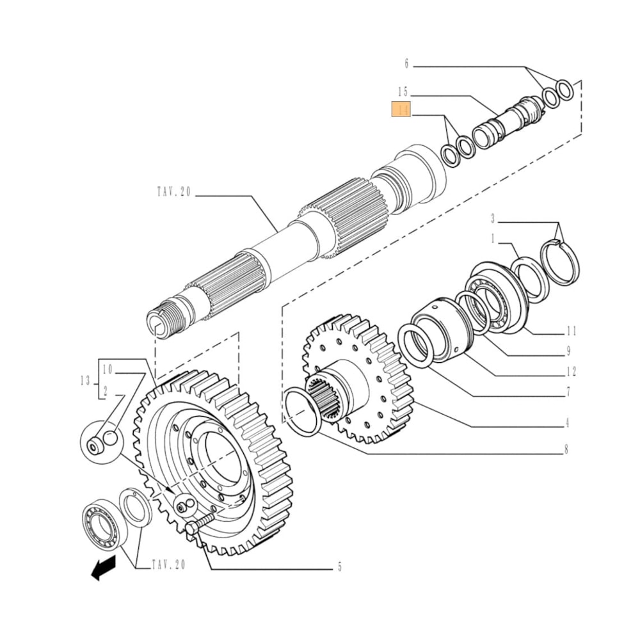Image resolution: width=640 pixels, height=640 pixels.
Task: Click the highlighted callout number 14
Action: [x=401, y=110]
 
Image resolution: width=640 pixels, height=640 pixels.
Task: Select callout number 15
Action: [x=401, y=92]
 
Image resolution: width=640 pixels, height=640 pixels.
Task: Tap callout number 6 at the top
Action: [x=406, y=63]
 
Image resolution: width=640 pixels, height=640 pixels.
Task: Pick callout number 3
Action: [x=493, y=219]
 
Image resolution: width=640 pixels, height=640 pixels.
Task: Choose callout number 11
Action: [x=571, y=331]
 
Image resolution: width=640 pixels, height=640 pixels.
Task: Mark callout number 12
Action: [x=571, y=372]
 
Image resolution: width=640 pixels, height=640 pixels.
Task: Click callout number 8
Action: [x=566, y=449]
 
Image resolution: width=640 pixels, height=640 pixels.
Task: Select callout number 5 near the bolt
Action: [x=340, y=566]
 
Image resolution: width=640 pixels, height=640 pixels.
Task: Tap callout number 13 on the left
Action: [x=85, y=381]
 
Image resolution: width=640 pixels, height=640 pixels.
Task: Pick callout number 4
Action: [x=568, y=422]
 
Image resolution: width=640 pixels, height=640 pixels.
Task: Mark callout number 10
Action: [x=108, y=369]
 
